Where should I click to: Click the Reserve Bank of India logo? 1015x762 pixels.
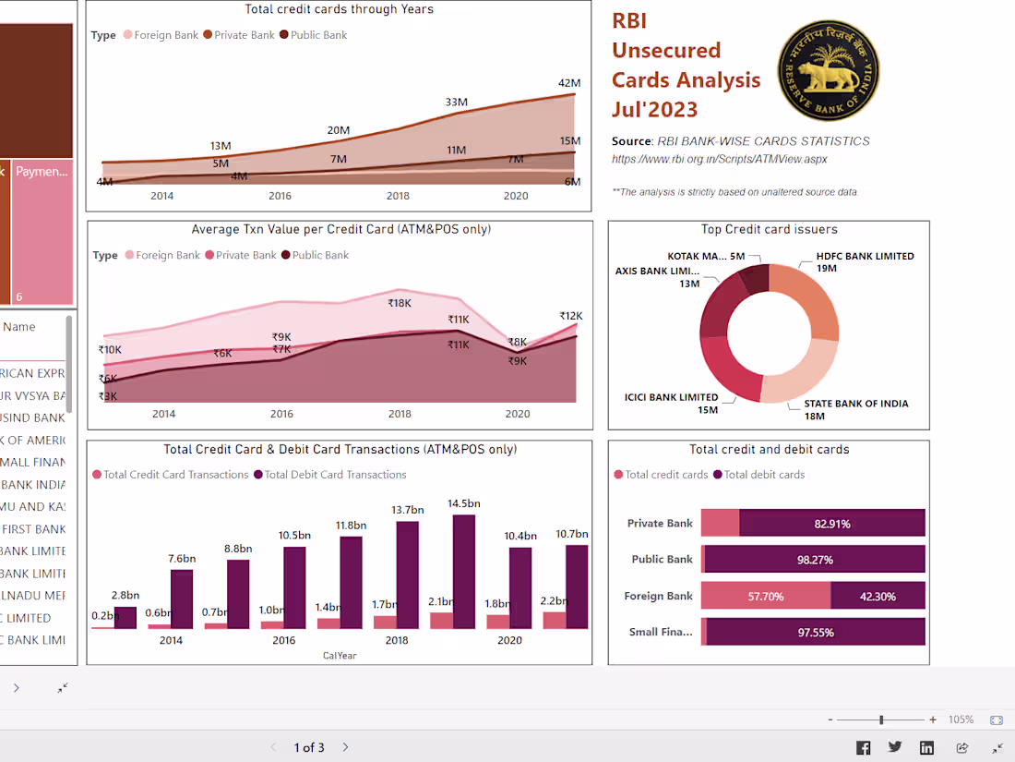[828, 71]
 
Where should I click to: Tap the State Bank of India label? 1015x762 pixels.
[855, 404]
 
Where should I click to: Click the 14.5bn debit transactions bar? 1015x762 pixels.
[464, 571]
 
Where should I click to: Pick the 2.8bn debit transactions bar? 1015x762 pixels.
[125, 617]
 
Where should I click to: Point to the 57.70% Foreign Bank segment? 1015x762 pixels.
[765, 597]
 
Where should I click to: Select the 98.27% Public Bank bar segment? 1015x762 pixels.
[816, 560]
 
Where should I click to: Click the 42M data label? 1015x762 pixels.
[568, 83]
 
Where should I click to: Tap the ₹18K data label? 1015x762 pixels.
[400, 303]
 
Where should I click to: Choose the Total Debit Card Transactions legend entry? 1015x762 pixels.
[335, 475]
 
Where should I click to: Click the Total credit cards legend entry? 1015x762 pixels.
[666, 475]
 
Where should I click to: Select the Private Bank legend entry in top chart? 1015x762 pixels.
[245, 35]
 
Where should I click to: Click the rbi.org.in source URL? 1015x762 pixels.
[719, 159]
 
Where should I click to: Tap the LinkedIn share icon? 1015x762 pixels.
[926, 747]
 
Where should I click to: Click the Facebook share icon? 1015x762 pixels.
[863, 747]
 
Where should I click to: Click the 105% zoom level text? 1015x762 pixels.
[961, 720]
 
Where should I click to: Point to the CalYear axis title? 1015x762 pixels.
[339, 656]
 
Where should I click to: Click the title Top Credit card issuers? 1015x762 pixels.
[769, 229]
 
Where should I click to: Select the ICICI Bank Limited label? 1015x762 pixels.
[671, 397]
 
